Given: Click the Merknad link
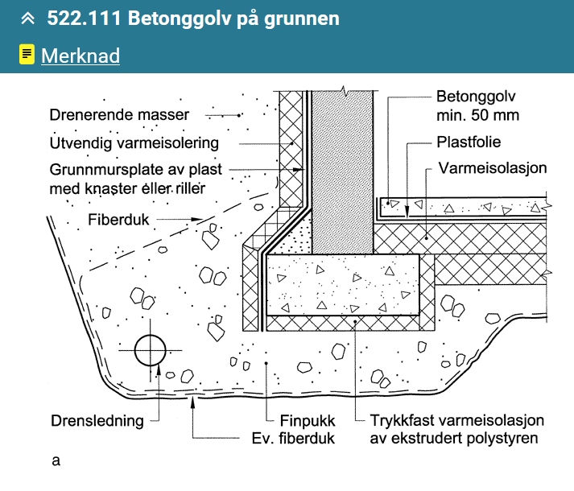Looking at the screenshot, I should [80, 56].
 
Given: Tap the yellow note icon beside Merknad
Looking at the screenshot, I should [27, 55].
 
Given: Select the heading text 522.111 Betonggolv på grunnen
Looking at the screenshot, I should [193, 19].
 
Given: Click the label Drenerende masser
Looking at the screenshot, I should [118, 115].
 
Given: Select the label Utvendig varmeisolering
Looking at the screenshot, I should [134, 143].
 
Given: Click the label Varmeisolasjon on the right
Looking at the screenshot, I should [493, 169].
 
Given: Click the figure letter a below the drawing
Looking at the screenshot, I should [56, 461].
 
